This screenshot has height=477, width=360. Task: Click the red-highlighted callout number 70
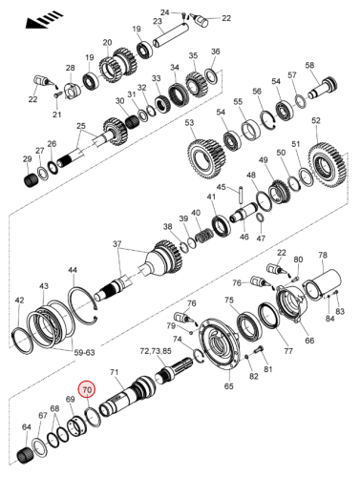[87, 389]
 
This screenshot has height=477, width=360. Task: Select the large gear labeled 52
[327, 166]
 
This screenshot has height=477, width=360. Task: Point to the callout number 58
[309, 65]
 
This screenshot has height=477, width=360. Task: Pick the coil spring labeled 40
[202, 237]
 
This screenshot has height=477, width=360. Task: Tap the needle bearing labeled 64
[25, 456]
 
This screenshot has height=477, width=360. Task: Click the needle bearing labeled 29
[32, 180]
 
